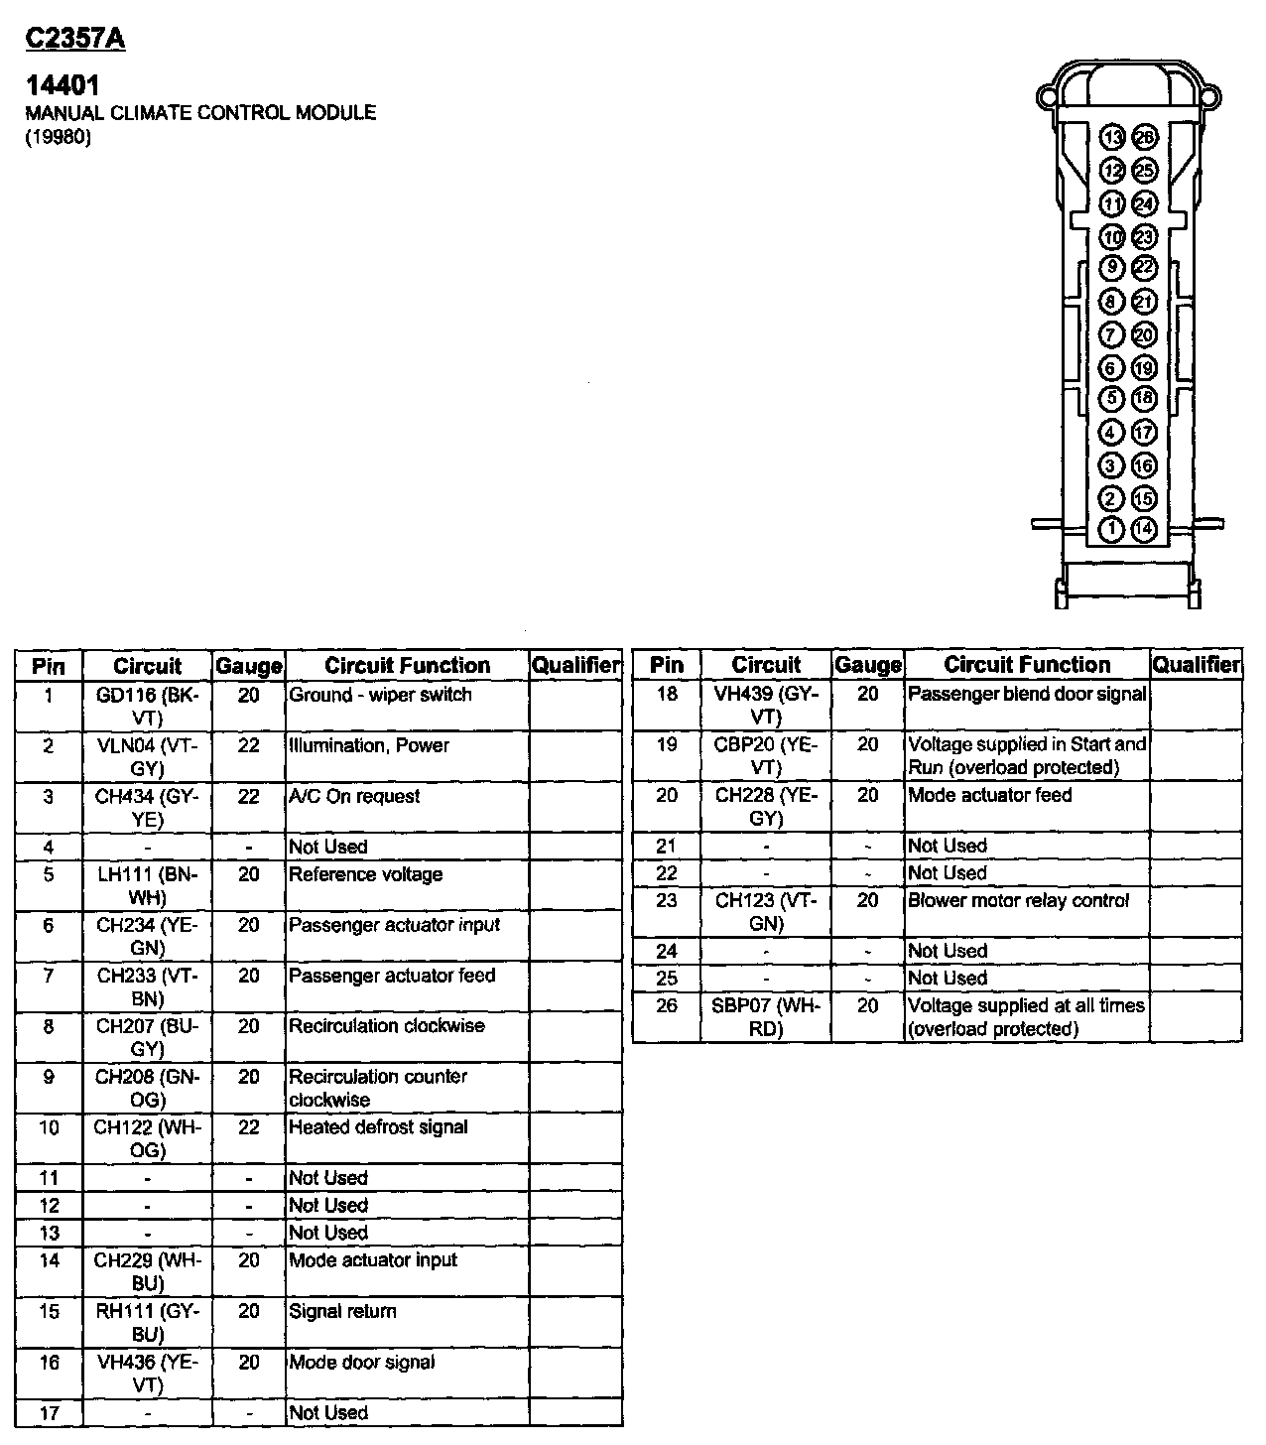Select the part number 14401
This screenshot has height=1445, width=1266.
pyautogui.click(x=62, y=85)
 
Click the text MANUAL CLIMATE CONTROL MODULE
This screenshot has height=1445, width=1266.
pyautogui.click(x=200, y=112)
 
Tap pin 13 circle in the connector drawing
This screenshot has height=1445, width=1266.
pyautogui.click(x=1112, y=137)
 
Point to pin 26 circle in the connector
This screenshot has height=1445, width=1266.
pyautogui.click(x=1144, y=137)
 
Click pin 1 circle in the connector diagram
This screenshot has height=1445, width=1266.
pyautogui.click(x=1112, y=529)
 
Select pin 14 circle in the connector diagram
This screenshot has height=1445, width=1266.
pyautogui.click(x=1144, y=529)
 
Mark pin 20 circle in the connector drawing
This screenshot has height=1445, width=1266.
pyautogui.click(x=1144, y=333)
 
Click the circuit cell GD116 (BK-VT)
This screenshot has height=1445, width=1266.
pyautogui.click(x=147, y=706)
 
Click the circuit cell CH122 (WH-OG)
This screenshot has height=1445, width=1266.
pyautogui.click(x=147, y=1138)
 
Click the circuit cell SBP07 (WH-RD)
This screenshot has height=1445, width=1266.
pyautogui.click(x=766, y=1017)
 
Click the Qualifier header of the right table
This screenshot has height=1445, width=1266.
pyautogui.click(x=1196, y=665)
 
